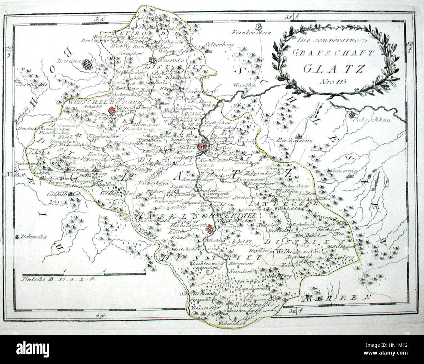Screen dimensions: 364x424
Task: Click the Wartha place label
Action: click(242, 85)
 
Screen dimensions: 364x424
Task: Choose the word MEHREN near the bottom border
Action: click(338, 298)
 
